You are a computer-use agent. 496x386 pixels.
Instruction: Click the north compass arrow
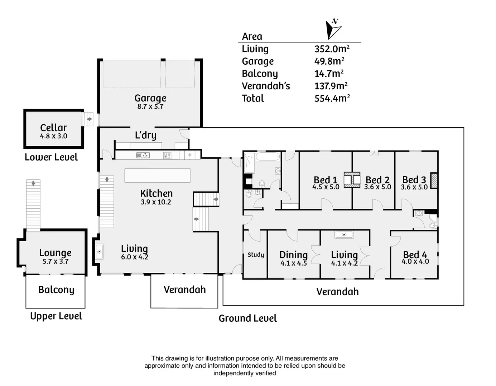(332, 29)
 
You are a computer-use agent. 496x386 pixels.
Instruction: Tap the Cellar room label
(53, 128)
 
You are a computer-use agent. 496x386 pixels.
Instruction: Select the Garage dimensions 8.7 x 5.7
(150, 107)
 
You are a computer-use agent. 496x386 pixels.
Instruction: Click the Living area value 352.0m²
(332, 49)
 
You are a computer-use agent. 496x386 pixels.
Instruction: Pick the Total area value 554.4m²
(332, 98)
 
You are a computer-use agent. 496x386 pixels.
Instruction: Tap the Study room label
(256, 254)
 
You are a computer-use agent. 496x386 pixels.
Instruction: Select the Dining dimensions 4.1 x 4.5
(293, 263)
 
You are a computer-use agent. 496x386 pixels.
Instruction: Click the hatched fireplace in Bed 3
(434, 180)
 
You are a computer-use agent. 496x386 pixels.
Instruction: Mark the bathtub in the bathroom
(268, 157)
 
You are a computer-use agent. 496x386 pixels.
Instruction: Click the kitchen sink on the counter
(143, 155)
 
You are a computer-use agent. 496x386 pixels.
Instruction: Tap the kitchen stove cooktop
(167, 155)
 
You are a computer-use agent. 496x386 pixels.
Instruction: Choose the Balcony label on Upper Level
(56, 289)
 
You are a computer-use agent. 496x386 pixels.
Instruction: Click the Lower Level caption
(51, 157)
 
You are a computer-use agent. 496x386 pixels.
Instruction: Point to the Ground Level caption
(247, 318)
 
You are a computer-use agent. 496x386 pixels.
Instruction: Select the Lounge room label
(55, 253)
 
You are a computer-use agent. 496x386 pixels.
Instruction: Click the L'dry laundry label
(145, 135)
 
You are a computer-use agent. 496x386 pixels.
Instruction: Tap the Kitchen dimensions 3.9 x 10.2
(156, 202)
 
